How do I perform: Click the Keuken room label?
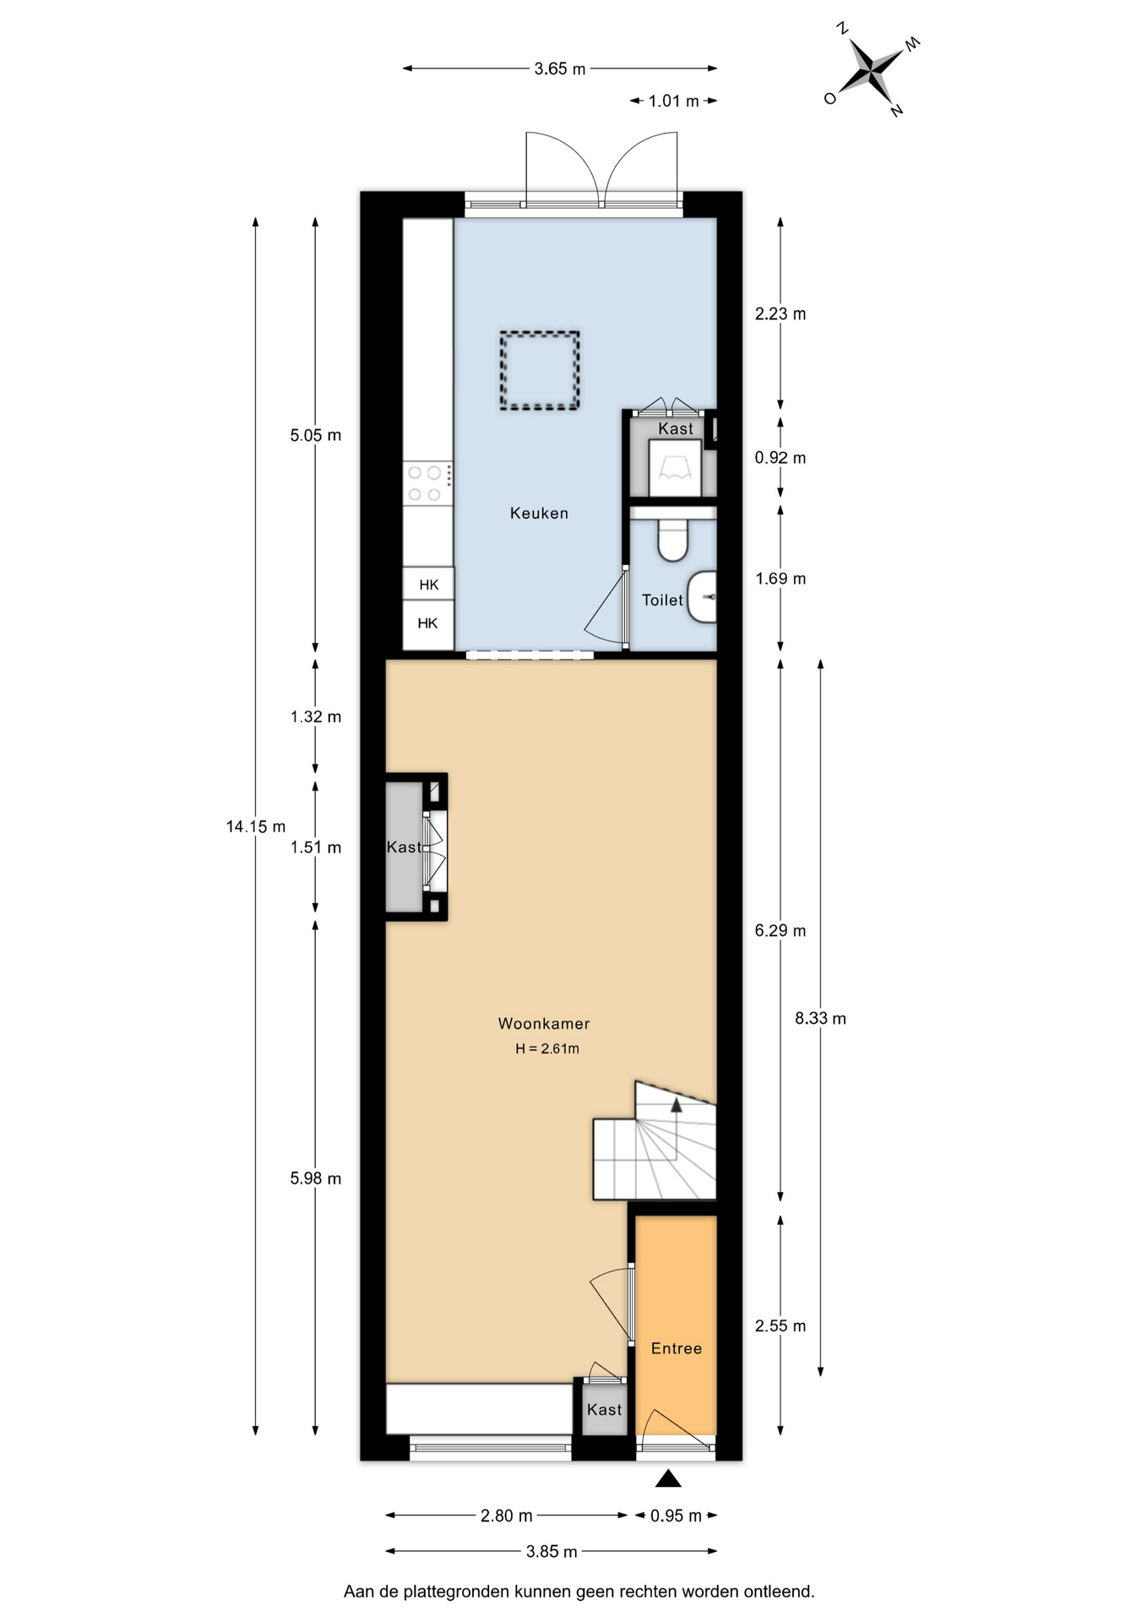pyautogui.click(x=539, y=513)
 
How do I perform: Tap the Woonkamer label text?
pyautogui.click(x=544, y=1023)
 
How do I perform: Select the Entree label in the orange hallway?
pyautogui.click(x=677, y=1348)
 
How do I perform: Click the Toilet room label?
pyautogui.click(x=662, y=600)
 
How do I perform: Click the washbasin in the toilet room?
pyautogui.click(x=702, y=596)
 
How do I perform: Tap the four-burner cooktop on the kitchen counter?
pyautogui.click(x=427, y=483)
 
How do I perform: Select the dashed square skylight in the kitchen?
pyautogui.click(x=540, y=371)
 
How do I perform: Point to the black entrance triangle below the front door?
pyautogui.click(x=668, y=1478)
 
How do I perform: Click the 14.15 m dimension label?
pyautogui.click(x=256, y=826)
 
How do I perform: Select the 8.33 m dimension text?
pyautogui.click(x=820, y=1018)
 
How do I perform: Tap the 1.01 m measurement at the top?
pyautogui.click(x=673, y=101)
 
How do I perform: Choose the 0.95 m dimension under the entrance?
pyautogui.click(x=676, y=1516)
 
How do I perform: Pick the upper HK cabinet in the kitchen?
pyautogui.click(x=428, y=584)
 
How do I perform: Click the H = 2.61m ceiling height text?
pyautogui.click(x=547, y=1048)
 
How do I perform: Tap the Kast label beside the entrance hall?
pyautogui.click(x=604, y=1409)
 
